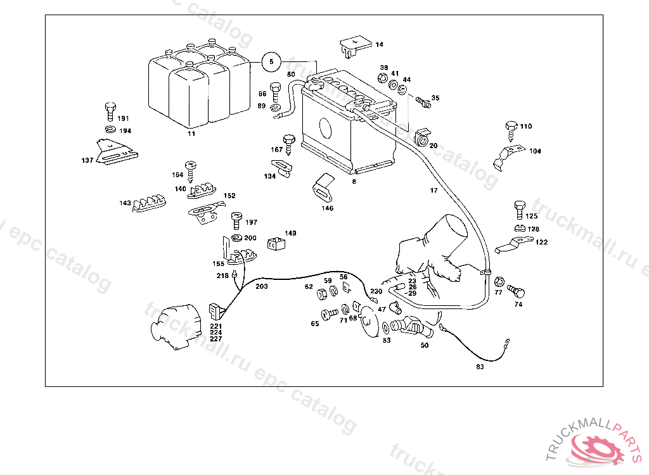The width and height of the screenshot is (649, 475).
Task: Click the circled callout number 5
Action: (271, 61)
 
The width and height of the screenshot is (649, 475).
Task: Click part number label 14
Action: (379, 44)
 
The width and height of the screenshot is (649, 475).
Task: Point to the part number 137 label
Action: (87, 160)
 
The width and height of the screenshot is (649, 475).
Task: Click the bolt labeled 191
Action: (109, 111)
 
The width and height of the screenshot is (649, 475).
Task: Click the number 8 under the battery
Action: (354, 181)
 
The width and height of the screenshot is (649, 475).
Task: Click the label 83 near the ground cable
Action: (480, 367)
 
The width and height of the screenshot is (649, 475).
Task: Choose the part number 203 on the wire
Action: (261, 286)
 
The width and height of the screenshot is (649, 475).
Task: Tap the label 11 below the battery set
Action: (191, 134)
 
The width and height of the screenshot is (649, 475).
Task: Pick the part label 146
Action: (327, 208)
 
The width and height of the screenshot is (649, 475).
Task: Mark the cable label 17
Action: (434, 190)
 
